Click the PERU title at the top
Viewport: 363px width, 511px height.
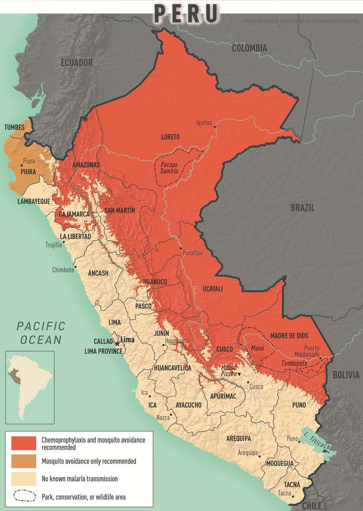[x=186, y=14]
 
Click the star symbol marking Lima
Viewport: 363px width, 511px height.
[x=118, y=344]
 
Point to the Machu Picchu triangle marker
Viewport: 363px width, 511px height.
[x=239, y=374]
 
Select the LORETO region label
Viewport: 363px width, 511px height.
[x=170, y=137]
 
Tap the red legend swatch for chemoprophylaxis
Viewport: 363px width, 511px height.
[x=24, y=443]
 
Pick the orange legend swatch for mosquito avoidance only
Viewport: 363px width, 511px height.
[x=24, y=461]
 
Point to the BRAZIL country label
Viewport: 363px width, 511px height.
[x=302, y=208]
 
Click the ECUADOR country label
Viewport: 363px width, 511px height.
[x=77, y=63]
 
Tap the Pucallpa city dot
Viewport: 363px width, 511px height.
[x=181, y=249]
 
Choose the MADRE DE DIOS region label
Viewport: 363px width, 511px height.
[x=289, y=336]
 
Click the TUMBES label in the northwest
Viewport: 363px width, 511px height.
[x=14, y=127]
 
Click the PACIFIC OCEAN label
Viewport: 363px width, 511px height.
[x=41, y=332]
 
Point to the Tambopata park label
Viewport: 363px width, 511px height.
[x=294, y=363]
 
